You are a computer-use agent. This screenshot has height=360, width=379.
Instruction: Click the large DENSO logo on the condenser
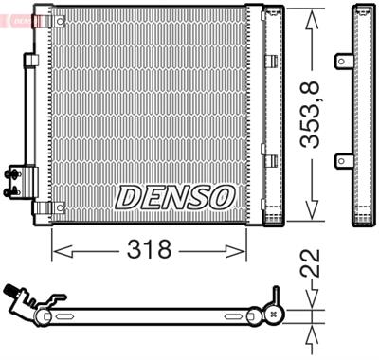click(x=175, y=197)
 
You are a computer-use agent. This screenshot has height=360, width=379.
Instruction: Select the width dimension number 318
click(x=150, y=250)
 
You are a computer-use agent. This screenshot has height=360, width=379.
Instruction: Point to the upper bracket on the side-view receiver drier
click(x=342, y=62)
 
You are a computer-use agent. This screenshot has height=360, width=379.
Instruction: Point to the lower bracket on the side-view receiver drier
click(x=342, y=163)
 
